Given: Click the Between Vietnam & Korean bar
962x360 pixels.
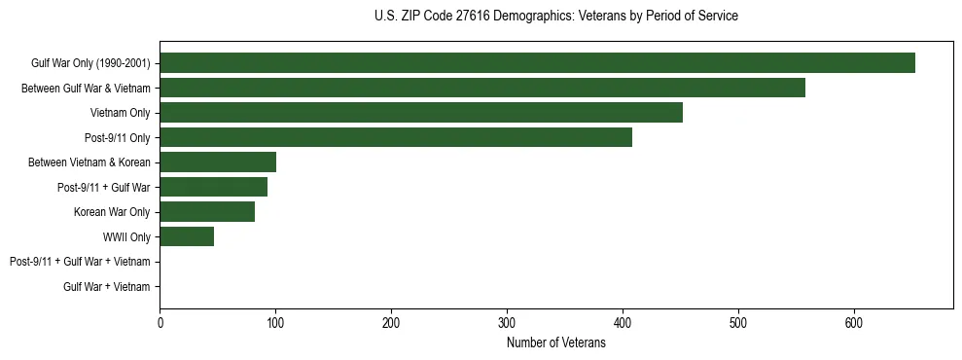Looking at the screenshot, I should click(x=218, y=162).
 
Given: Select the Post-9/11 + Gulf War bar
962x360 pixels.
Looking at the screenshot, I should click(x=213, y=187).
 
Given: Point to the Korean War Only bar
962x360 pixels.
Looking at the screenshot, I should click(x=207, y=212).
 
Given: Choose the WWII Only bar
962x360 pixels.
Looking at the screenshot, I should click(x=187, y=236).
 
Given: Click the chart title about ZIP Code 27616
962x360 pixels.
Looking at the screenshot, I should click(x=555, y=17).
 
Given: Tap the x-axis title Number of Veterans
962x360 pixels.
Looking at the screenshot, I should click(x=555, y=342).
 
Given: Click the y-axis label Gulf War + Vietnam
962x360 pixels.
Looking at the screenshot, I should click(x=107, y=286).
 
